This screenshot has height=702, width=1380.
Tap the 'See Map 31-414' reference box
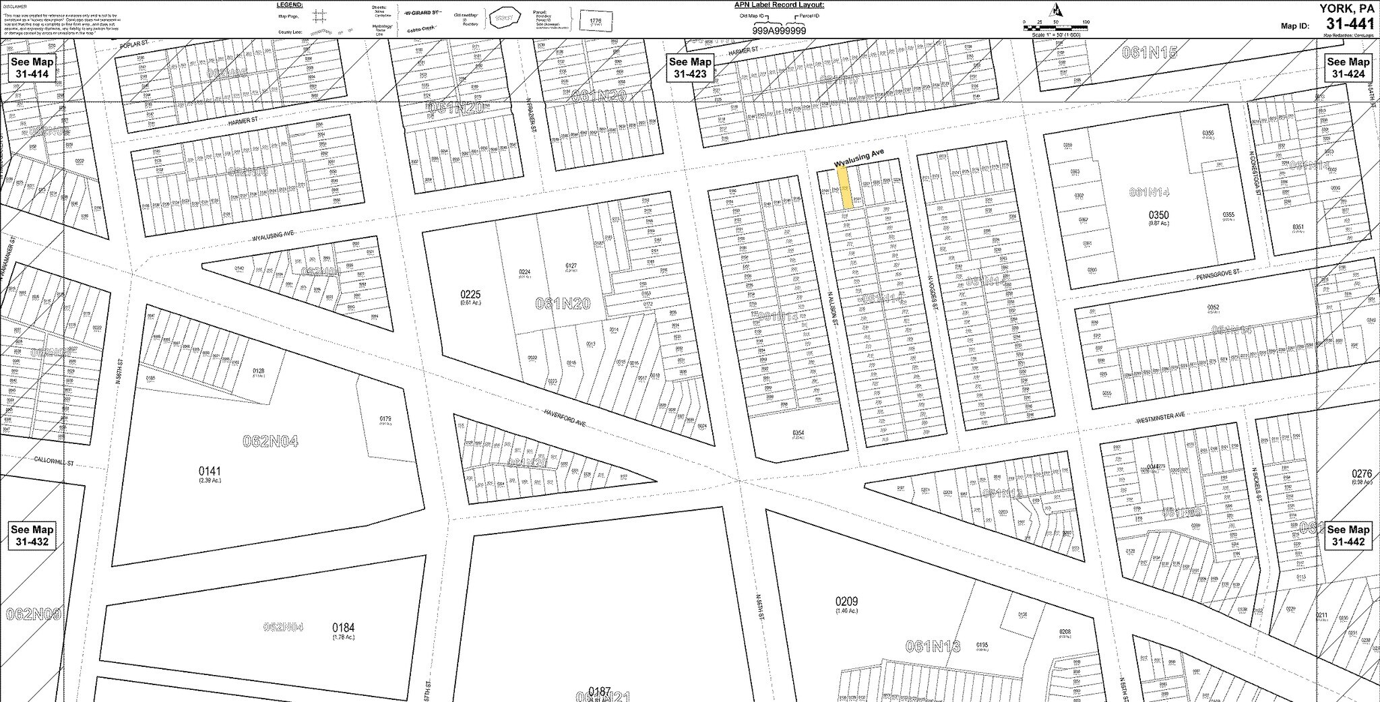[x=32, y=67]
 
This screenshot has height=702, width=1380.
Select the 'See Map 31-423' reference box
[x=689, y=67]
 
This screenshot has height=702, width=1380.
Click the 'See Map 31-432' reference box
[x=32, y=536]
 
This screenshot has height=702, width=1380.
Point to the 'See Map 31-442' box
[x=1348, y=536]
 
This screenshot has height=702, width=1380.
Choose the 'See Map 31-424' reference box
[x=1348, y=67]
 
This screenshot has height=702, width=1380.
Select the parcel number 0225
[x=470, y=294]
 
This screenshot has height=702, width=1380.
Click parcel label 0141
[x=209, y=471]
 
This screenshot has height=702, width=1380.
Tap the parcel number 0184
[x=343, y=627]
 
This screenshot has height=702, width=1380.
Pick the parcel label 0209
[x=846, y=602]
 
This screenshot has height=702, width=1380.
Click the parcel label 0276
[x=1362, y=474]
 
